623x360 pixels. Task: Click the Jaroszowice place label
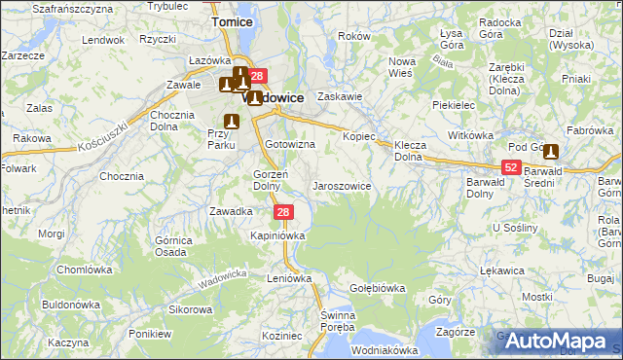340,185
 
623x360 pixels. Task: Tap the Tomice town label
233,21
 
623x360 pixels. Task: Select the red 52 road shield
512,167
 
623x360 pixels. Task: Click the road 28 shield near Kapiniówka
282,212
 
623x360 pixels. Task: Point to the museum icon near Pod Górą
552,151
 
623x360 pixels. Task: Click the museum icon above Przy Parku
232,121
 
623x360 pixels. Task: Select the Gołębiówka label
377,288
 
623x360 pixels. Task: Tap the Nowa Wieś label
401,66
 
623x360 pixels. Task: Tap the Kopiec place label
358,136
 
